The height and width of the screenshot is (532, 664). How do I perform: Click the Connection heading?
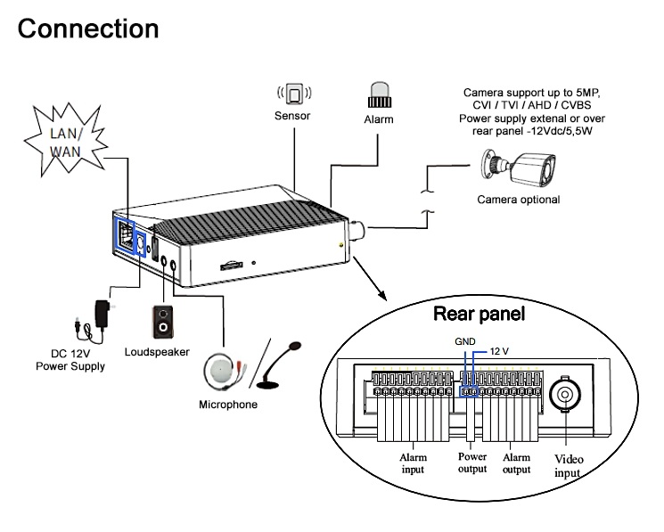[x=88, y=29]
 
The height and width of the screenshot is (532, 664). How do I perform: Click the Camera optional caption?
[x=518, y=200]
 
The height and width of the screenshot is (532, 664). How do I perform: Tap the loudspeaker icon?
[x=162, y=323]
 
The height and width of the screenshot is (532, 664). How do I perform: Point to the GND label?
[x=465, y=341]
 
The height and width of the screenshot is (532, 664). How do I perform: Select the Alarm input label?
[x=412, y=463]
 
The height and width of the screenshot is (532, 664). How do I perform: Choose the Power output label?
[x=472, y=463]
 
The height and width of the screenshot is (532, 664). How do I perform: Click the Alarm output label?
[x=517, y=463]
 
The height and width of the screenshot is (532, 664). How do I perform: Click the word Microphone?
[x=227, y=405]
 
